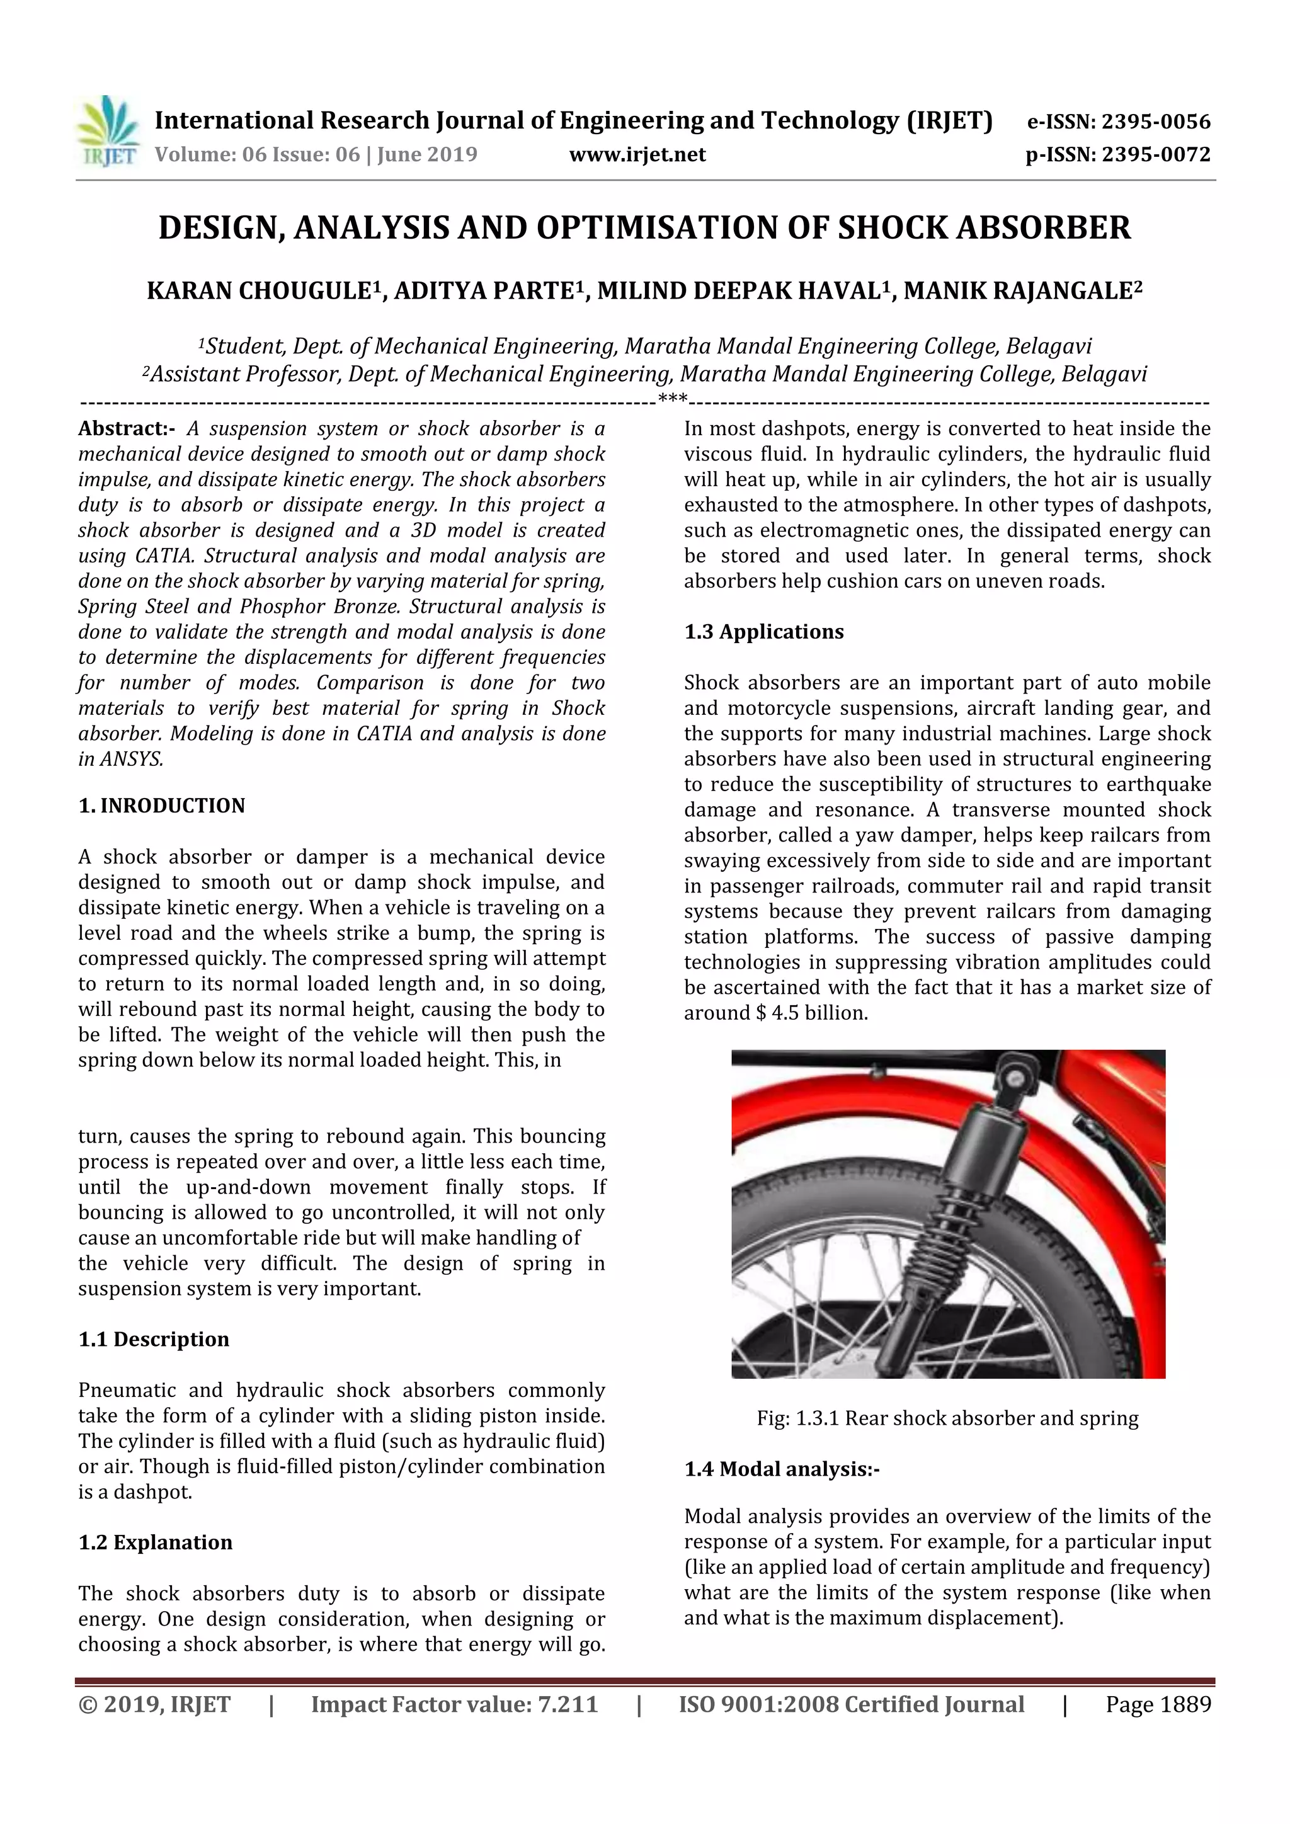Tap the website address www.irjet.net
[x=637, y=154]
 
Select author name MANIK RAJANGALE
[x=1017, y=292]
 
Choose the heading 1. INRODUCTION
[x=162, y=806]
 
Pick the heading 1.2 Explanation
[x=156, y=1542]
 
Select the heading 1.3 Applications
[x=764, y=632]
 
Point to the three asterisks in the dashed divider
[x=673, y=399]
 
